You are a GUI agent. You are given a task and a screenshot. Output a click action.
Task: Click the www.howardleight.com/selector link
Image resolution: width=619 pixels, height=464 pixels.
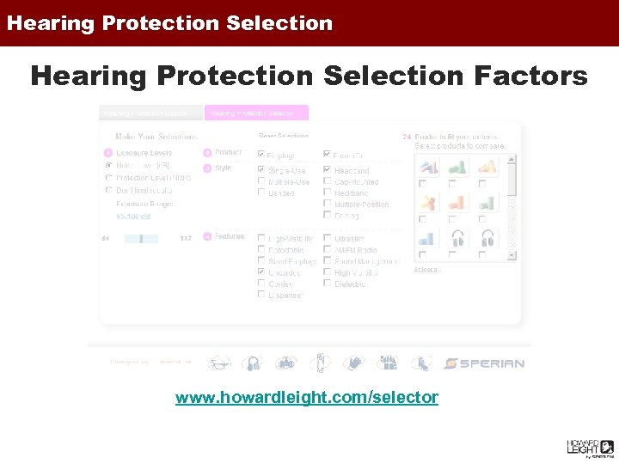point(307,398)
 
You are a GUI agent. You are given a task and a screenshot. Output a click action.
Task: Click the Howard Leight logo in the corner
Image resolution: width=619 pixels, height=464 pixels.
point(589,448)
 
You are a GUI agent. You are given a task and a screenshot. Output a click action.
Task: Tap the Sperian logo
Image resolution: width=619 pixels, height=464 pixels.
point(485,363)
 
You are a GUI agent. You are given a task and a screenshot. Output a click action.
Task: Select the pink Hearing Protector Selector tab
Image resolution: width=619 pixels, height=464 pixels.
point(255,113)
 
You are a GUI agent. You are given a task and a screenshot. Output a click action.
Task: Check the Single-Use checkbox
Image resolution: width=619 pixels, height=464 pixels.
point(262,170)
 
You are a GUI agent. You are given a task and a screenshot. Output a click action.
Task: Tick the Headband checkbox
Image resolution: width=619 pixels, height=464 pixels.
point(328,170)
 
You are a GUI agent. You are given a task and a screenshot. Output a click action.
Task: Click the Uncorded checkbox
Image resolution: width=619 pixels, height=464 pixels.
point(262,272)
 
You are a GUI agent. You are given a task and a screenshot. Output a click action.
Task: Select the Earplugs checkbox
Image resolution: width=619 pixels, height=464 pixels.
point(262,155)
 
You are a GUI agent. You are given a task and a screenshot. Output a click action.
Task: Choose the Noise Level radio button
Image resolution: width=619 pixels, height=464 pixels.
point(108,165)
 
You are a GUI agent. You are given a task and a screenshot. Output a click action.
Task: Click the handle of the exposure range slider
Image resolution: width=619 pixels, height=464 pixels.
point(140,238)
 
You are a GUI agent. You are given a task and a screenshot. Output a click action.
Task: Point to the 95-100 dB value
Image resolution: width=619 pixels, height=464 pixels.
point(134,216)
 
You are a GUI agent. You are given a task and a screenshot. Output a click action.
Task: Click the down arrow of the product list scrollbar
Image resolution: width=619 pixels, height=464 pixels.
point(512,255)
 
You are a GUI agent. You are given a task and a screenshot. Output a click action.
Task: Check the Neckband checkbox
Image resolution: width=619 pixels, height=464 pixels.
point(328,192)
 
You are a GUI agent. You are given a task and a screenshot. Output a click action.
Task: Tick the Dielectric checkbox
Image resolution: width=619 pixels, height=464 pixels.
point(328,284)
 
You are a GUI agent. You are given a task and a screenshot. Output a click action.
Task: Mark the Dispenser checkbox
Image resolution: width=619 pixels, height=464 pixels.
point(262,295)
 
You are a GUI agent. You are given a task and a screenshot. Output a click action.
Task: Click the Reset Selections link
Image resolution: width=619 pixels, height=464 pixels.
point(284,136)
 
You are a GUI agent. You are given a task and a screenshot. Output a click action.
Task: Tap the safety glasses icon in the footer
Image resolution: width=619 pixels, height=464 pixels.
point(219,363)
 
